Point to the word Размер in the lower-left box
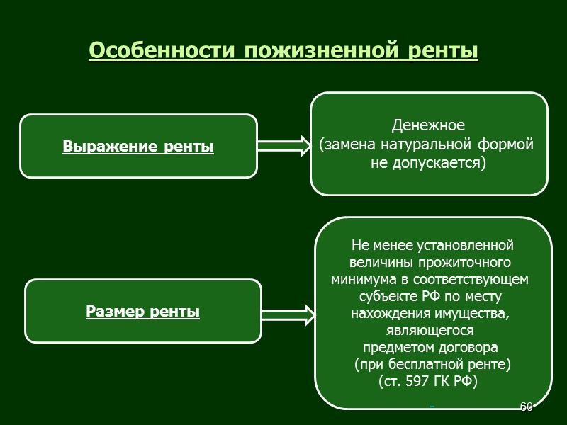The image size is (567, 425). coord(117,311)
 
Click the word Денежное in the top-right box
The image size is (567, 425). coord(428,126)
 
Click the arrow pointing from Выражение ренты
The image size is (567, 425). coord(283,146)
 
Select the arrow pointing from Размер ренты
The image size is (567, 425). coord(287,316)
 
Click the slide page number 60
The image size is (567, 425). coord(526,407)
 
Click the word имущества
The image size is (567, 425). coord(473,313)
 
